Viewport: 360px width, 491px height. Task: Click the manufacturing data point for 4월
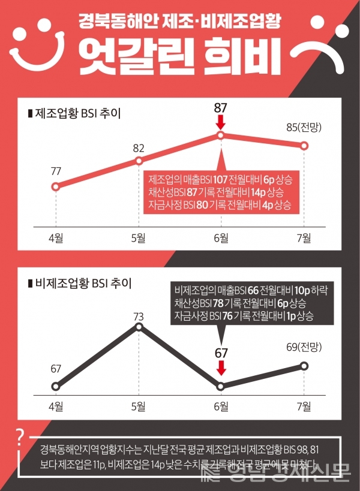56,186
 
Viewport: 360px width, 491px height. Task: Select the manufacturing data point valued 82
139,161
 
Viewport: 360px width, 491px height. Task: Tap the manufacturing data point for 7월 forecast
304,146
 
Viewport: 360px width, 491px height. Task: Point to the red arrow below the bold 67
221,367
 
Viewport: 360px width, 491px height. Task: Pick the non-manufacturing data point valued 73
139,327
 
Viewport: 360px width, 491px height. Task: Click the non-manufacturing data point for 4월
56,386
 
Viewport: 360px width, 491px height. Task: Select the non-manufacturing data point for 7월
304,366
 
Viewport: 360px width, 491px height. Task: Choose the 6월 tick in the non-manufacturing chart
221,407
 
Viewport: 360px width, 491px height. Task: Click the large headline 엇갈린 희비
181,53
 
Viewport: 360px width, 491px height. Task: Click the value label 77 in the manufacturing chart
56,171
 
